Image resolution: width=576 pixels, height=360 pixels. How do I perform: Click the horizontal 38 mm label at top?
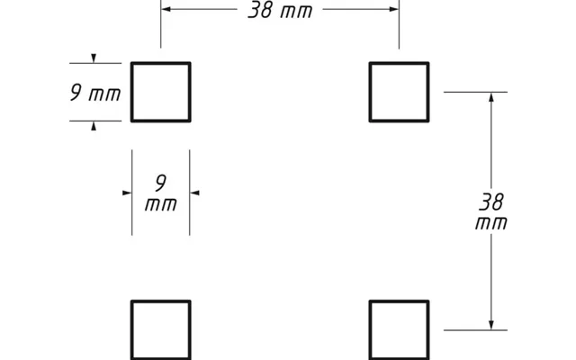[280, 10]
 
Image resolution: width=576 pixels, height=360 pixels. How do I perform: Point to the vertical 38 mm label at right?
[491, 212]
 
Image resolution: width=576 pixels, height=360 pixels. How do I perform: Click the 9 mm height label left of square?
[95, 93]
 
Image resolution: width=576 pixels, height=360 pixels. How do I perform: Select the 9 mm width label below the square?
[161, 193]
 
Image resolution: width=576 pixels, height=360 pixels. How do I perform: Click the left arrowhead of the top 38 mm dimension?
[166, 9]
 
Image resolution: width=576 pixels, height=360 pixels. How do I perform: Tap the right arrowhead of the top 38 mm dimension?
[394, 9]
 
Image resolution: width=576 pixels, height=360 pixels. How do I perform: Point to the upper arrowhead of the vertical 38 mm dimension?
[491, 97]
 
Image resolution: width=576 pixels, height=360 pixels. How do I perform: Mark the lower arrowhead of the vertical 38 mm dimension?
[491, 325]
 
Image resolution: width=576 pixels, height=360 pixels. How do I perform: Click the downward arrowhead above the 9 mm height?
[94, 58]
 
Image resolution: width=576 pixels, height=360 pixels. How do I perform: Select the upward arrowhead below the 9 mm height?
[94, 126]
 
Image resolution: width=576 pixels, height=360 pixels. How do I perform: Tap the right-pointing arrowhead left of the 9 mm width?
[127, 193]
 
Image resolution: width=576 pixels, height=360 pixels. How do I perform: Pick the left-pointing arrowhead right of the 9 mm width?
[194, 193]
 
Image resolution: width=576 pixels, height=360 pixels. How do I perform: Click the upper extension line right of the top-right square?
[475, 92]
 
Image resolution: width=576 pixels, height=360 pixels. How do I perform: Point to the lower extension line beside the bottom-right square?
[475, 330]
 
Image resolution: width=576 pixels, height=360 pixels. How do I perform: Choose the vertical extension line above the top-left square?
[160, 24]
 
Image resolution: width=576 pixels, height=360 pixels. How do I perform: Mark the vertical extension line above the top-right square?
[400, 24]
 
